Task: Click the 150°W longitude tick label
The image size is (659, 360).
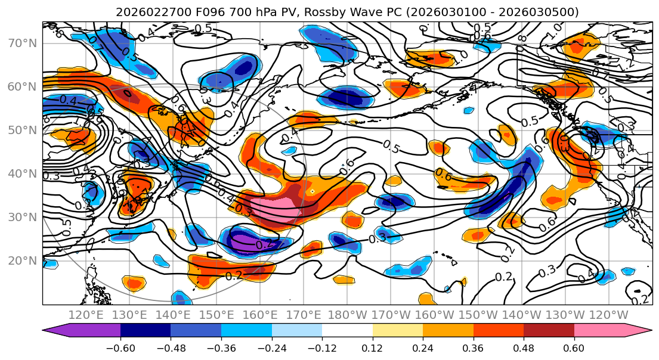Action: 478,315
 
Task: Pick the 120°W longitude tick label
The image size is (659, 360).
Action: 608,315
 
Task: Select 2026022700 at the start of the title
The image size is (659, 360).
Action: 149,12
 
